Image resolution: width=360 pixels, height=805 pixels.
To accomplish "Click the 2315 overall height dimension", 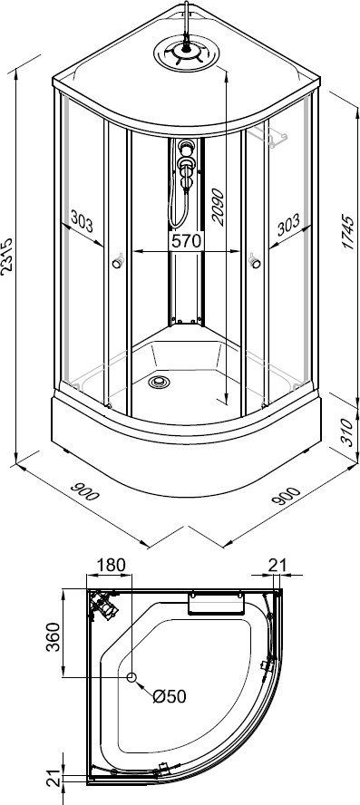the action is pos(7,257).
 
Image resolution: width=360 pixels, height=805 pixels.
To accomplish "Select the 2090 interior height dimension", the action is pos(218,208).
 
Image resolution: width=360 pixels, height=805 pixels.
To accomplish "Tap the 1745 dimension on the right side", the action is pos(348,233).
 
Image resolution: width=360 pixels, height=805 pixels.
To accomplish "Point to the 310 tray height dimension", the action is pos(348,432).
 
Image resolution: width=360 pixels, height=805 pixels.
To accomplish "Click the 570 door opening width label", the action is pos(186,242).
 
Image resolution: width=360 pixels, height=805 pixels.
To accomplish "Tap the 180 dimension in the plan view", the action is pos(111,565).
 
